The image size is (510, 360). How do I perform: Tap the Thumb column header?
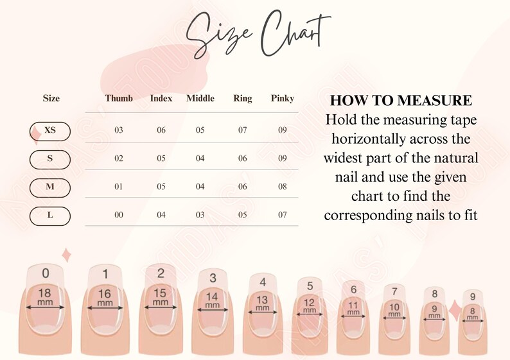(x=119, y=98)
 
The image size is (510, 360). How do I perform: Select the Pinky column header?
(x=283, y=98)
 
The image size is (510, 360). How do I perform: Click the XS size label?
(x=50, y=130)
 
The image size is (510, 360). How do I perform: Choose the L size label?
(x=50, y=215)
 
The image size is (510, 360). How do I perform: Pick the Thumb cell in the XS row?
(x=119, y=130)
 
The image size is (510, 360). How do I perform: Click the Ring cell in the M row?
(x=243, y=187)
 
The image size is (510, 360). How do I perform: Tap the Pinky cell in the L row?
(x=283, y=215)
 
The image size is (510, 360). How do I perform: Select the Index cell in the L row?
(x=161, y=215)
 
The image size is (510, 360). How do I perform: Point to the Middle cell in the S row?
(x=200, y=159)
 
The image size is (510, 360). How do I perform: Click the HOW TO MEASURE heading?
(x=401, y=101)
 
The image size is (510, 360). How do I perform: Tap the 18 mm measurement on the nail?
(x=45, y=296)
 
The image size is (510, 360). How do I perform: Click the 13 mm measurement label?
(x=263, y=302)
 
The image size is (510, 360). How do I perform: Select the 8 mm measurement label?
(x=472, y=314)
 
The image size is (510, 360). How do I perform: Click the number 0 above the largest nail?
(x=45, y=273)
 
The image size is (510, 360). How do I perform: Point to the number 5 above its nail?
(x=310, y=286)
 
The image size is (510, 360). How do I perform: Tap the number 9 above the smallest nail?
(x=473, y=296)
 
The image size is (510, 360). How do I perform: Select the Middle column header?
(x=200, y=98)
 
